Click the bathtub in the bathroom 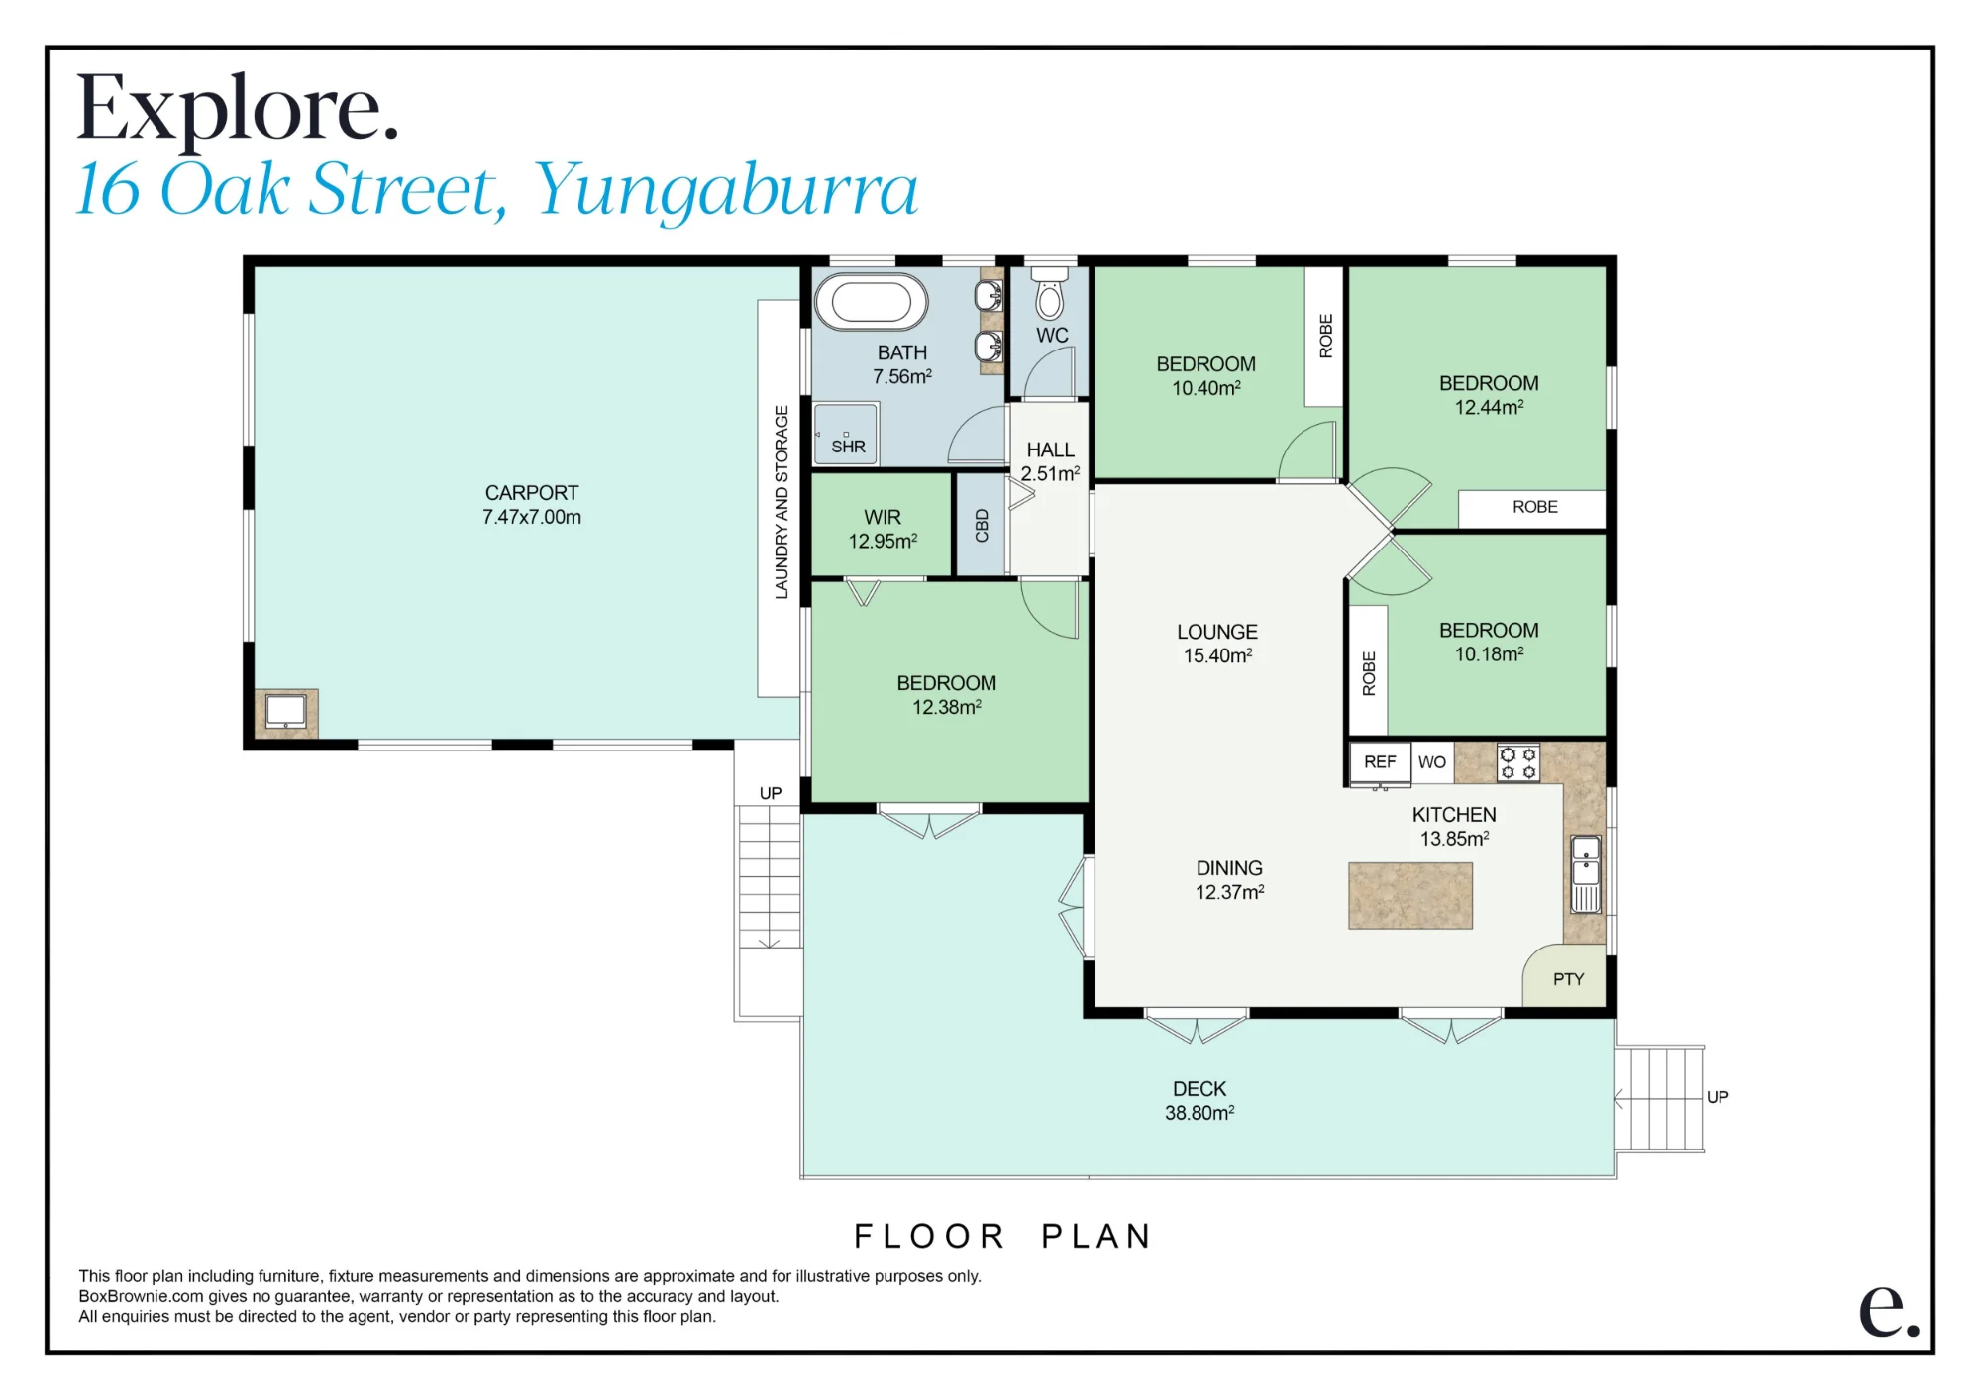pyautogui.click(x=871, y=301)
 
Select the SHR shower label pyautogui.click(x=848, y=447)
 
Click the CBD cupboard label pyautogui.click(x=982, y=525)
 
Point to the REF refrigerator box pyautogui.click(x=1380, y=762)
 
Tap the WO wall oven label pyautogui.click(x=1431, y=762)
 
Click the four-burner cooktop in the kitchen pyautogui.click(x=1517, y=762)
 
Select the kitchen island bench pyautogui.click(x=1410, y=895)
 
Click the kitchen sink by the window pyautogui.click(x=1586, y=873)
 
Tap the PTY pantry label pyautogui.click(x=1568, y=979)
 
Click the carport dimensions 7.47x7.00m pyautogui.click(x=532, y=517)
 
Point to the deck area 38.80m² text pyautogui.click(x=1199, y=1113)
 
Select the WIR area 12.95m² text pyautogui.click(x=883, y=541)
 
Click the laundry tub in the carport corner pyautogui.click(x=286, y=712)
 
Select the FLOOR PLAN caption pyautogui.click(x=1002, y=1236)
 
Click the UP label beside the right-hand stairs pyautogui.click(x=1718, y=1097)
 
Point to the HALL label pyautogui.click(x=1050, y=450)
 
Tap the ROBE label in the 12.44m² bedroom pyautogui.click(x=1534, y=507)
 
